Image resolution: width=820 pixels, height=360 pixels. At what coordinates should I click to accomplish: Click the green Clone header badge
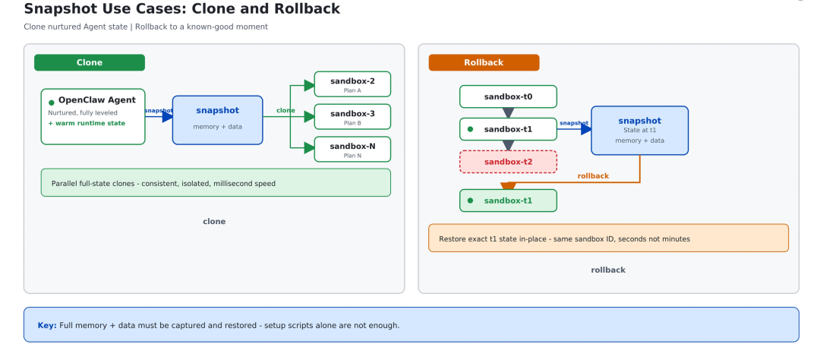pyautogui.click(x=90, y=62)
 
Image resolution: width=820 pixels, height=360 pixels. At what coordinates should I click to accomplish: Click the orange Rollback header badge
pyautogui.click(x=484, y=62)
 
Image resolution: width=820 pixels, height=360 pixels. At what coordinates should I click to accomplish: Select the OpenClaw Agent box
pyautogui.click(x=93, y=117)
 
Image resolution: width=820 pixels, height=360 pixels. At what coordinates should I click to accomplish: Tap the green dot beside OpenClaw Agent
pyautogui.click(x=52, y=103)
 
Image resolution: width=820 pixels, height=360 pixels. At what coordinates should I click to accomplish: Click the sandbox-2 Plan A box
pyautogui.click(x=352, y=84)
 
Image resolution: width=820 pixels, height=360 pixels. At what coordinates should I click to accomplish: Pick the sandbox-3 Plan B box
pyautogui.click(x=352, y=117)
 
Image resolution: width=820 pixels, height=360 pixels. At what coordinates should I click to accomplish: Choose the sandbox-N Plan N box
pyautogui.click(x=352, y=149)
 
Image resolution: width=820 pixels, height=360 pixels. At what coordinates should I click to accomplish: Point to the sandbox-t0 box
pyautogui.click(x=508, y=96)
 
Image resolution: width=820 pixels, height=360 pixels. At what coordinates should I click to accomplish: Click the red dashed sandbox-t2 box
pyautogui.click(x=508, y=162)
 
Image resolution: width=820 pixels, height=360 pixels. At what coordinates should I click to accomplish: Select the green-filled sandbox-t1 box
pyautogui.click(x=508, y=201)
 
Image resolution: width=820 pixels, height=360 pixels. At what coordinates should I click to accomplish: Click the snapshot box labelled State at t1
pyautogui.click(x=639, y=131)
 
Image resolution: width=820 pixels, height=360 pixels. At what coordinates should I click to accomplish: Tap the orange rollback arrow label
pyautogui.click(x=593, y=175)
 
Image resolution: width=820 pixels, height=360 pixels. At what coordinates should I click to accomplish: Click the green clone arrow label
pyautogui.click(x=285, y=110)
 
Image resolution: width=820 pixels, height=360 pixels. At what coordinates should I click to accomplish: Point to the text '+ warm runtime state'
pyautogui.click(x=87, y=124)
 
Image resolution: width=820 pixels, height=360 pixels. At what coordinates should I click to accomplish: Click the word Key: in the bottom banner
pyautogui.click(x=47, y=326)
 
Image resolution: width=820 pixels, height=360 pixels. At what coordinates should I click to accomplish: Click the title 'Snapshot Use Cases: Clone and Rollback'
pyautogui.click(x=182, y=9)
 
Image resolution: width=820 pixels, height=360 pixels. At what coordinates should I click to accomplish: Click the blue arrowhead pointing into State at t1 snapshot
pyautogui.click(x=586, y=129)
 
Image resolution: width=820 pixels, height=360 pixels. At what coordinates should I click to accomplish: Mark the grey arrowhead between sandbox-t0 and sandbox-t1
pyautogui.click(x=508, y=112)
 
